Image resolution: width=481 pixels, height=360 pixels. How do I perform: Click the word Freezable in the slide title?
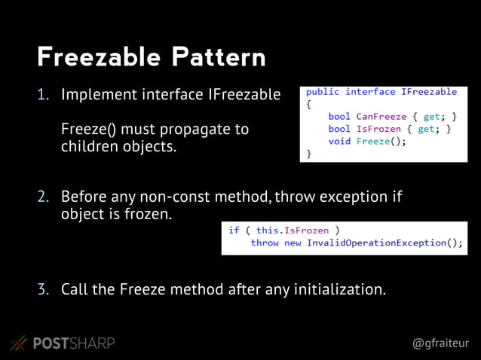coord(98,57)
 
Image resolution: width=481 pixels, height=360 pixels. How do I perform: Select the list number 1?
coord(44,96)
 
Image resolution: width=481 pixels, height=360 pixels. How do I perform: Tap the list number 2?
coord(44,197)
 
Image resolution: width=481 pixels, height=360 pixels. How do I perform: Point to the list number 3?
coord(44,288)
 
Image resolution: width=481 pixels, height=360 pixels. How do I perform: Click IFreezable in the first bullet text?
coord(244,96)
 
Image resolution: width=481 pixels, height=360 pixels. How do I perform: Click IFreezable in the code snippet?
coord(429,92)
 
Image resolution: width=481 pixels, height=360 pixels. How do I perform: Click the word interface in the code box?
coord(370,92)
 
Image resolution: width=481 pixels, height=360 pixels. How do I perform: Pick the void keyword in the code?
coord(339,141)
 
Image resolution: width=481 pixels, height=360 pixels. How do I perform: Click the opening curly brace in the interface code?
coord(308,105)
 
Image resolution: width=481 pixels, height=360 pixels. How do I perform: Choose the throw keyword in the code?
coord(265,243)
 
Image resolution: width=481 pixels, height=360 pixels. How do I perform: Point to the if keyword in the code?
coord(234,230)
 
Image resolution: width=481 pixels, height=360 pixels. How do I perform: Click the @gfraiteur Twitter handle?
coord(440,343)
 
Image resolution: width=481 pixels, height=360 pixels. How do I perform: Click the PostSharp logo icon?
coord(18,343)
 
